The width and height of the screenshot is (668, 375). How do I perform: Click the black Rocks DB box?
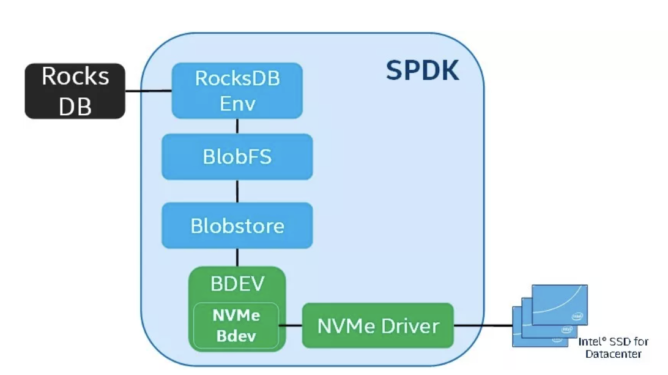click(75, 91)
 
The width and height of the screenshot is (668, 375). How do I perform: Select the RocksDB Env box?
click(237, 90)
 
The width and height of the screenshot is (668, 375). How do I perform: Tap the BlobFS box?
click(237, 157)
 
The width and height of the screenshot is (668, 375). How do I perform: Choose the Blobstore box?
click(237, 225)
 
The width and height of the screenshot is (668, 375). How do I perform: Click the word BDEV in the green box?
click(237, 284)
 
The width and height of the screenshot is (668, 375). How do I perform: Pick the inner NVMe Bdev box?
click(236, 325)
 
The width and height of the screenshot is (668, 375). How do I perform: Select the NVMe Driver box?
click(378, 326)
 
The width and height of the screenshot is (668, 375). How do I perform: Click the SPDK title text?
click(422, 71)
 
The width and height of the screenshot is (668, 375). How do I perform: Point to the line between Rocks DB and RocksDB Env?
click(148, 92)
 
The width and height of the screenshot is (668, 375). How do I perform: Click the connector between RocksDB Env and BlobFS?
click(237, 126)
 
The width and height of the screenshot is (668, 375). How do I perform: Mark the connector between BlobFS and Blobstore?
click(237, 191)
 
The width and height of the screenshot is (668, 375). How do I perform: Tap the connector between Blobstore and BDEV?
click(237, 257)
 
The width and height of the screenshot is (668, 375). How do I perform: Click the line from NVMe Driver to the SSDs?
click(483, 326)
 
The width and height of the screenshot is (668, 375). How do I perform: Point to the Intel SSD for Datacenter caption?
click(613, 347)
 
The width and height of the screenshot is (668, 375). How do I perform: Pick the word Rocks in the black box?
click(75, 77)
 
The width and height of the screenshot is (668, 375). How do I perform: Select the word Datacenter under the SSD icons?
click(613, 354)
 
